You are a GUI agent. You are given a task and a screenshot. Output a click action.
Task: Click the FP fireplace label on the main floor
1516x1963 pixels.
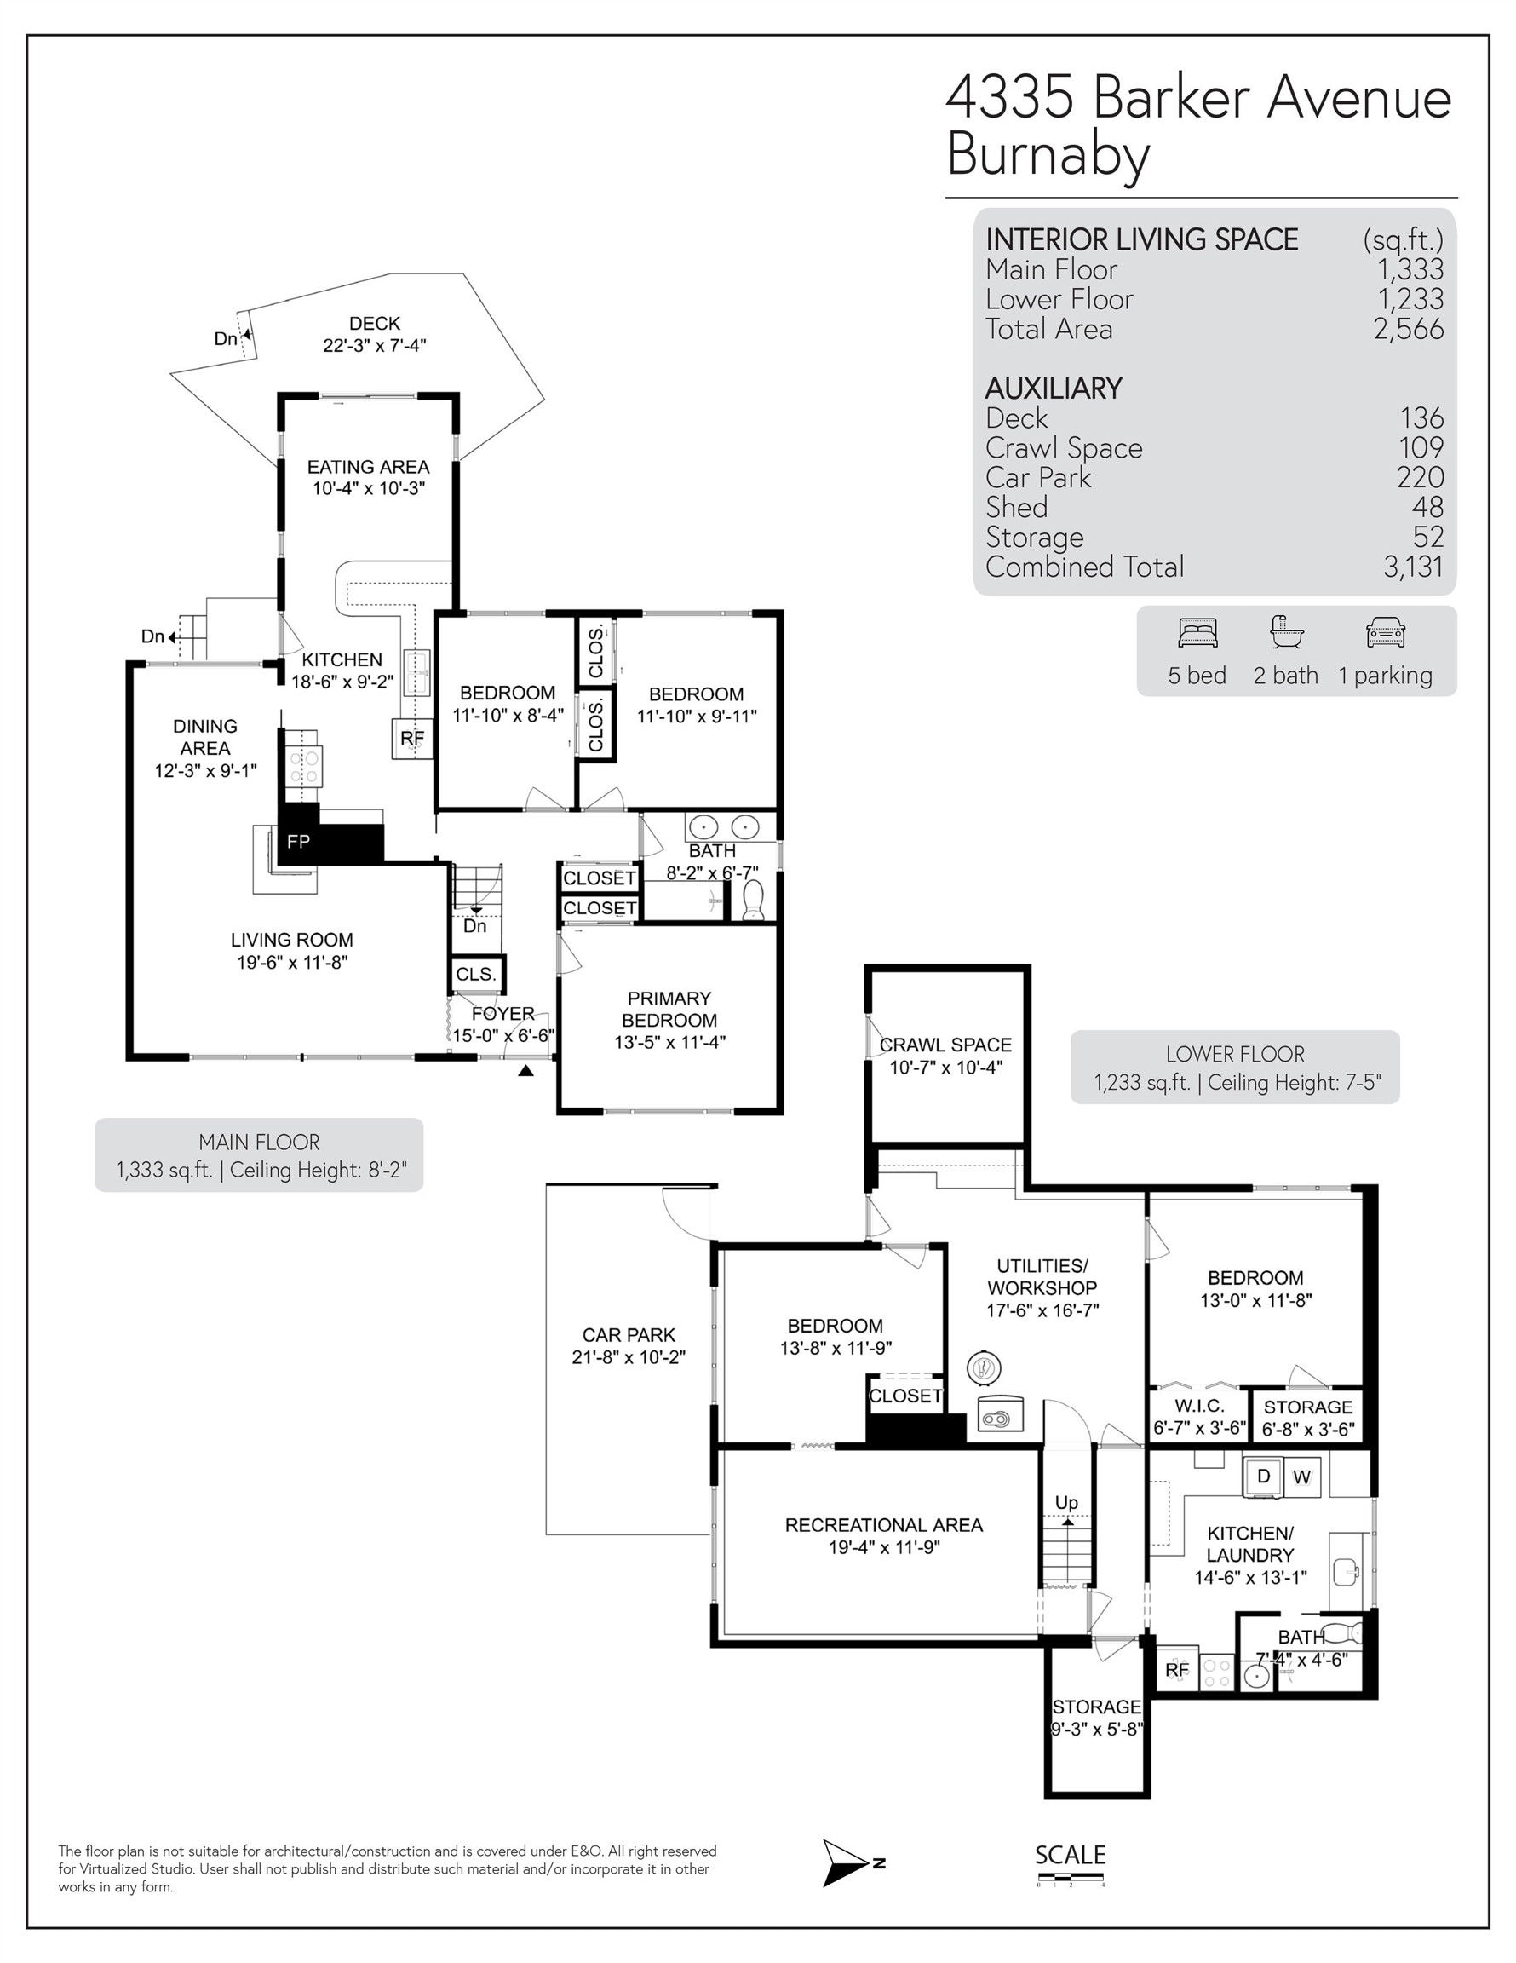(x=298, y=841)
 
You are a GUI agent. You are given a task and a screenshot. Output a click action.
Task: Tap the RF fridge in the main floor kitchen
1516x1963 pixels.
(x=411, y=739)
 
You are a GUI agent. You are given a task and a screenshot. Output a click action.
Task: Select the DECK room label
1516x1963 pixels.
(x=375, y=324)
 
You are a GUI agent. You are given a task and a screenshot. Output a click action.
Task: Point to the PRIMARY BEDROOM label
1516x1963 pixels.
(x=669, y=1010)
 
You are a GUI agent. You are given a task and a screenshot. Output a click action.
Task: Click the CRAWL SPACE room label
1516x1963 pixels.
(x=945, y=1045)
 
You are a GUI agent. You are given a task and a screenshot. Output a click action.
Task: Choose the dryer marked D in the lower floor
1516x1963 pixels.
(x=1264, y=1476)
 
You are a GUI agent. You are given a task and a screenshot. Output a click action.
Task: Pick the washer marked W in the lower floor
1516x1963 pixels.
(x=1301, y=1477)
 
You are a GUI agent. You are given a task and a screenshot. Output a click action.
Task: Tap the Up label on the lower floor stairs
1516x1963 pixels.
(x=1066, y=1502)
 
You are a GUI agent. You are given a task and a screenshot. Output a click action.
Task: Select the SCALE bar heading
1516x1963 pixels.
(x=1071, y=1855)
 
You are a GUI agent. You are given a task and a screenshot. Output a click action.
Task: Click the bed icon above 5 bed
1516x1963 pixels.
(x=1197, y=633)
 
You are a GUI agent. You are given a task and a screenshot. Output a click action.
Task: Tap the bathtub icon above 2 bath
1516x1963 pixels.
(x=1285, y=632)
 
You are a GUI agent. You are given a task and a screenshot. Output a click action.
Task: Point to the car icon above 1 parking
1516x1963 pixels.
(x=1385, y=633)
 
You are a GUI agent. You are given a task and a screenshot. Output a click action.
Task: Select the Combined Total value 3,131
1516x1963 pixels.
(x=1414, y=567)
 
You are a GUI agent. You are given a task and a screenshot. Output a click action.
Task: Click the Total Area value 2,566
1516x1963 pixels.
(x=1409, y=330)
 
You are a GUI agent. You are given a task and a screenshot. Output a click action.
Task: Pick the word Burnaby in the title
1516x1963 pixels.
(x=1048, y=154)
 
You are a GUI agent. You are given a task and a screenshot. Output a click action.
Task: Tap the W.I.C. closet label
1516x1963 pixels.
(x=1199, y=1406)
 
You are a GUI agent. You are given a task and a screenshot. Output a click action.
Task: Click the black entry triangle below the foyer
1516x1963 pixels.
(x=525, y=1070)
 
